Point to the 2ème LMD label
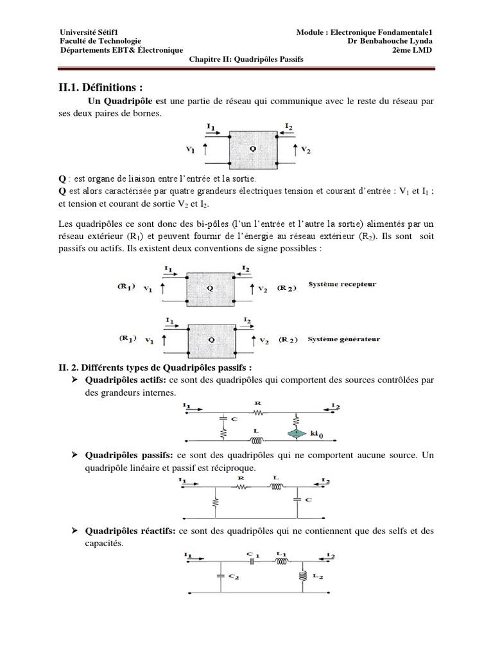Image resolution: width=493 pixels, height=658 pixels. click(416, 50)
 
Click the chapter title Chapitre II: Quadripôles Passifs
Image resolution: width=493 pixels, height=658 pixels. click(246, 59)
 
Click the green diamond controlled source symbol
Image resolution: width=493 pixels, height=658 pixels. click(297, 435)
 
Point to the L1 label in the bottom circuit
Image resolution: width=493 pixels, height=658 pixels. click(281, 554)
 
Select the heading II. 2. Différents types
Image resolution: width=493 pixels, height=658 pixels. click(151, 367)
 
